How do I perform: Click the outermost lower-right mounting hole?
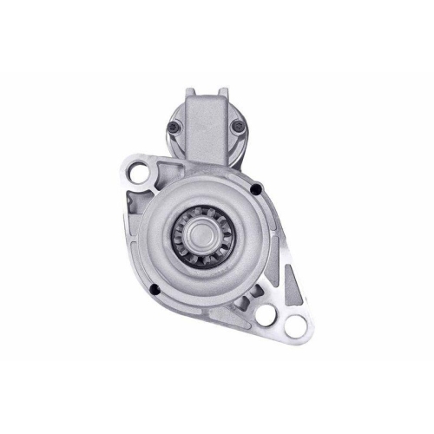(295, 327)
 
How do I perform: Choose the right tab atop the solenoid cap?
(223, 91)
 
